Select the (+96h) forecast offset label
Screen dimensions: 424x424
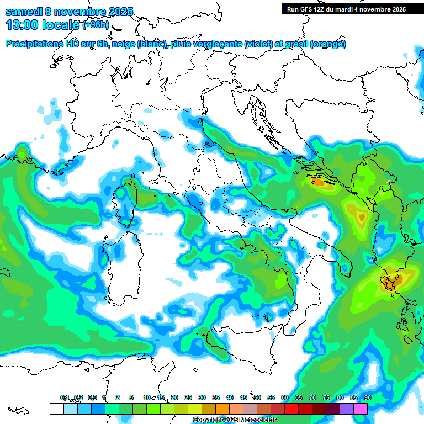coord(96,25)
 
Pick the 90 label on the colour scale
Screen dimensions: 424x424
coord(367,397)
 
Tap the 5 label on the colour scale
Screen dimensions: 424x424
coord(131,397)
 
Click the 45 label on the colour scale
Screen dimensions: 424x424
coord(243,397)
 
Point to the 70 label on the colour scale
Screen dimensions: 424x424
coord(312,397)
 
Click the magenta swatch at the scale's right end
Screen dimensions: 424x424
coord(361,409)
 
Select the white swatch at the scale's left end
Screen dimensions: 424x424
coord(56,409)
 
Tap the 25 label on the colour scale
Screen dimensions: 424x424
coord(188,397)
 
